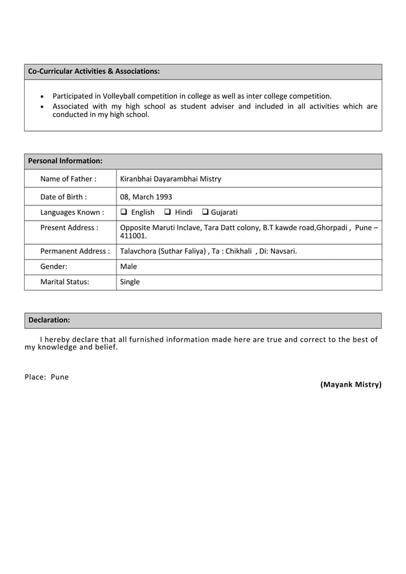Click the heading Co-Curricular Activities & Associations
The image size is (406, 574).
tap(94, 71)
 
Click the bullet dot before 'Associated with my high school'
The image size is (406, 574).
tap(42, 107)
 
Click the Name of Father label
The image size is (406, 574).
tap(68, 179)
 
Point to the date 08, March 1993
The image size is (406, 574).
tap(146, 196)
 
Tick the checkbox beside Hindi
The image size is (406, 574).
tap(167, 212)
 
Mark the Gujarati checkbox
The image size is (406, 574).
tap(206, 212)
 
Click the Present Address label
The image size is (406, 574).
tap(69, 228)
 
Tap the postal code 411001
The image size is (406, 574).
tap(132, 236)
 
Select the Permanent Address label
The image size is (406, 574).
tap(74, 251)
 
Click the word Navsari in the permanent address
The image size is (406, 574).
tap(281, 251)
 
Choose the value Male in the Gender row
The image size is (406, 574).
tap(129, 266)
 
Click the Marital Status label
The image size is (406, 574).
tap(64, 282)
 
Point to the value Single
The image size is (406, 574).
tap(130, 282)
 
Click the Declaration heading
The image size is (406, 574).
tap(49, 320)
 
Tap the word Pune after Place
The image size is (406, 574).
tap(60, 377)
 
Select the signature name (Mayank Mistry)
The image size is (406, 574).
tap(351, 385)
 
